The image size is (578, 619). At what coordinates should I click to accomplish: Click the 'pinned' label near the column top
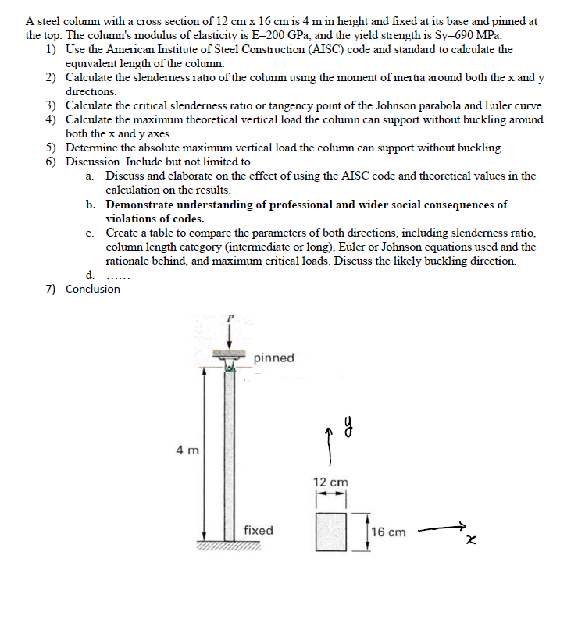click(x=273, y=358)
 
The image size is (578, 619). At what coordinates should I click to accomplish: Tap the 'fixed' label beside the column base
click(x=258, y=531)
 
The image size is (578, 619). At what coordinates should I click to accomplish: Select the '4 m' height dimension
click(x=187, y=450)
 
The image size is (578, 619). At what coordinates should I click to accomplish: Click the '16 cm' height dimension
click(x=388, y=532)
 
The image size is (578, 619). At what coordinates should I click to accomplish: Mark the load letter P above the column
click(x=229, y=319)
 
